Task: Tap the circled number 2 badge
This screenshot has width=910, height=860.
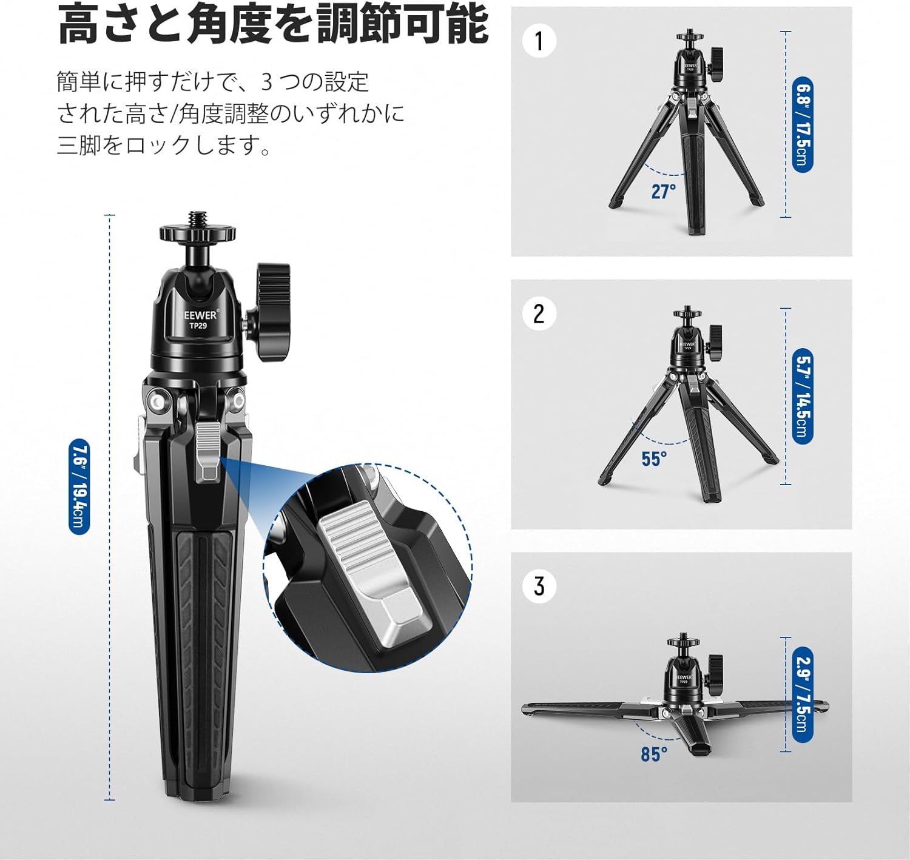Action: [539, 314]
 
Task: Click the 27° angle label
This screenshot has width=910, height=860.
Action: [663, 191]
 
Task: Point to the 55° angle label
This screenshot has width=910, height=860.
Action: [654, 459]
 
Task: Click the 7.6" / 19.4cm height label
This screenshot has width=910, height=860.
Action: [78, 486]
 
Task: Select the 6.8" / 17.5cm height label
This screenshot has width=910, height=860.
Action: [802, 124]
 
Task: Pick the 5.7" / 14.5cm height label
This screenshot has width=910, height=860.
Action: [802, 397]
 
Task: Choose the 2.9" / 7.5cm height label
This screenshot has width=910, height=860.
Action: [802, 695]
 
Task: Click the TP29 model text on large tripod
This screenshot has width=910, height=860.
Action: [198, 326]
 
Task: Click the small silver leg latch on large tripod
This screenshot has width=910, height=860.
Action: [209, 452]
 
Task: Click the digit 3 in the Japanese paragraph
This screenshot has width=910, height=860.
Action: [268, 82]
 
